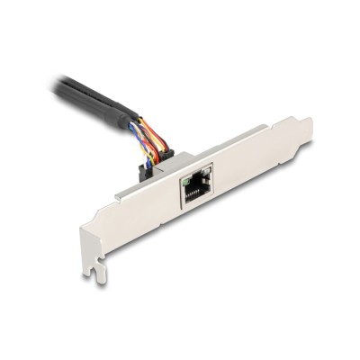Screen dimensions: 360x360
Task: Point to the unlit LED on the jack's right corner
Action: point(209,167)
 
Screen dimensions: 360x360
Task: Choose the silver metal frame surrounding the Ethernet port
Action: point(198,202)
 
